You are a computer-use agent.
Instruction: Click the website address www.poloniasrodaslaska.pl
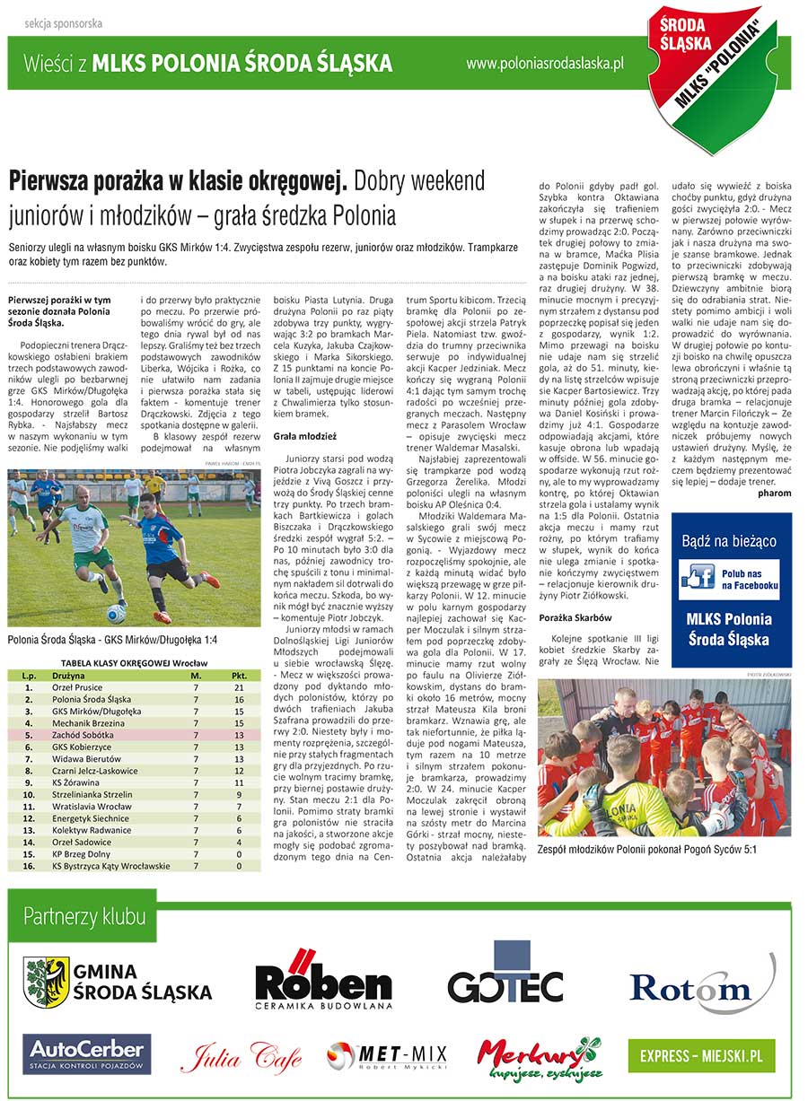click(546, 64)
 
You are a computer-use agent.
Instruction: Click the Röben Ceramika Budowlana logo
click(323, 979)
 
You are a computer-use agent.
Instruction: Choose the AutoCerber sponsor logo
click(86, 1053)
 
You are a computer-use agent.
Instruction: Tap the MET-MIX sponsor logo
click(387, 1055)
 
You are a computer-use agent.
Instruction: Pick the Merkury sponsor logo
click(539, 1055)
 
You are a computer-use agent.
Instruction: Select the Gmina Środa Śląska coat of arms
click(47, 982)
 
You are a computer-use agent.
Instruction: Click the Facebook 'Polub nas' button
click(728, 579)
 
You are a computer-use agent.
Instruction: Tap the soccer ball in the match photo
click(116, 614)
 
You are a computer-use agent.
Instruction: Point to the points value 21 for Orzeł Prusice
click(239, 687)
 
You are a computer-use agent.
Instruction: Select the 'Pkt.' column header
click(239, 675)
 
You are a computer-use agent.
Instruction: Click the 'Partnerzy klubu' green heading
click(84, 916)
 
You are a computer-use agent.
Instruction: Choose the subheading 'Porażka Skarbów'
click(575, 617)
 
